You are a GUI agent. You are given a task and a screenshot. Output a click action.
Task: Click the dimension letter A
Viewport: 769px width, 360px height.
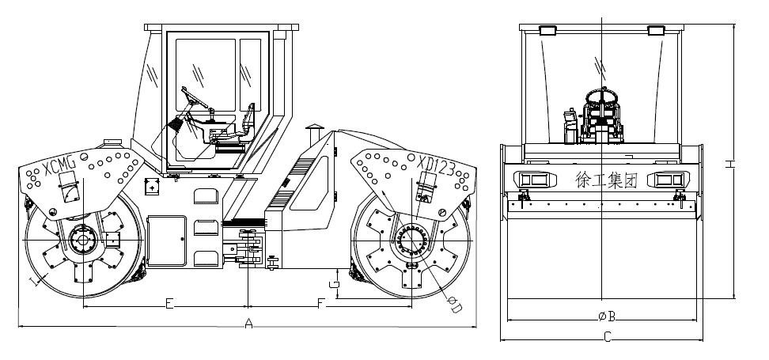(248, 324)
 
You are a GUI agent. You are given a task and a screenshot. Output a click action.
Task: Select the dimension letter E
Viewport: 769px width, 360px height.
(169, 304)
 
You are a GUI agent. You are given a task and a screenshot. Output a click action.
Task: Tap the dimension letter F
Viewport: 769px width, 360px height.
(321, 304)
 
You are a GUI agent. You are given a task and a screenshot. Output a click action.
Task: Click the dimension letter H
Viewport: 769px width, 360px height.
(729, 164)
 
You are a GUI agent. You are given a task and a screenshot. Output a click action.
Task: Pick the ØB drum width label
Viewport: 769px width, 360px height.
(607, 316)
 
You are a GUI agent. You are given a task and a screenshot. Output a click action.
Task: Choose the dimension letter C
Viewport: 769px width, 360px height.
(607, 337)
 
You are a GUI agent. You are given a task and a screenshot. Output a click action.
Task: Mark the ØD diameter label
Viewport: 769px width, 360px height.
(454, 304)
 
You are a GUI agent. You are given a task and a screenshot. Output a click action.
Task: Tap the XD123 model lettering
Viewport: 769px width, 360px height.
(437, 167)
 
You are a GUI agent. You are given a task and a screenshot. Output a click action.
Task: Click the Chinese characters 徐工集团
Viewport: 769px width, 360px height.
(606, 180)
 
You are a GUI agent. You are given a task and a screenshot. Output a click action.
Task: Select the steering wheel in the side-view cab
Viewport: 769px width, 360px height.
(194, 97)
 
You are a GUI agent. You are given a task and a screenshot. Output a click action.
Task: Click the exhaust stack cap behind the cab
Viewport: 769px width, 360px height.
(314, 128)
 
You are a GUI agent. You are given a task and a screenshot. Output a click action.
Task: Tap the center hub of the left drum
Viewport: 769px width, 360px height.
(83, 241)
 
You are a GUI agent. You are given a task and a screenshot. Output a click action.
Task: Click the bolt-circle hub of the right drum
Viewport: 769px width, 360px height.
(412, 241)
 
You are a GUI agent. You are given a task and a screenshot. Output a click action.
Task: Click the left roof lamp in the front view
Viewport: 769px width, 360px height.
(547, 30)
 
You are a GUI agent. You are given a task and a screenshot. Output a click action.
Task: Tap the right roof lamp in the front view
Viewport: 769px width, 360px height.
(656, 30)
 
